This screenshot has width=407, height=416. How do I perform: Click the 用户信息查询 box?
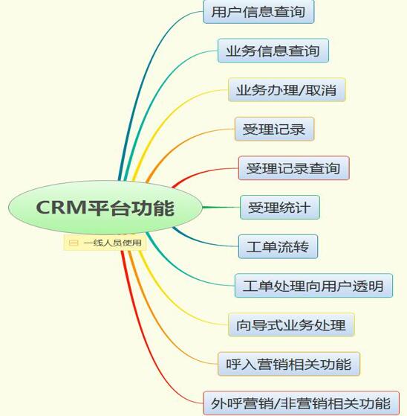tap(258, 12)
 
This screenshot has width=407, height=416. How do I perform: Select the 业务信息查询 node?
tap(273, 51)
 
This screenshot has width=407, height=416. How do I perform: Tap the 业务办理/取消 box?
tap(287, 89)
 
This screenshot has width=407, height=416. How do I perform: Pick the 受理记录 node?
tap(274, 129)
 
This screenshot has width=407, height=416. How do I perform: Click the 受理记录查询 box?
tap(294, 168)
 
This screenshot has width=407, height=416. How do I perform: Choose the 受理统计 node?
tap(280, 207)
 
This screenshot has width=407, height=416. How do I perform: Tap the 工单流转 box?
tap(278, 246)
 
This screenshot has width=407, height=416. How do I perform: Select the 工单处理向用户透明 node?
tap(313, 286)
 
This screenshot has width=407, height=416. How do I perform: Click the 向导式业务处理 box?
tap(291, 324)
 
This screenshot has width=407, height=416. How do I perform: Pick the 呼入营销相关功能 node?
tap(289, 364)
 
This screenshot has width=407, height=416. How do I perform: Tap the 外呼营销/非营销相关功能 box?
tap(301, 403)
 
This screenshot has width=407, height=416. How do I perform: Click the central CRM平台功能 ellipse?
tap(105, 208)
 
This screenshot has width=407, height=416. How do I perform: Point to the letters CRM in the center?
tap(61, 207)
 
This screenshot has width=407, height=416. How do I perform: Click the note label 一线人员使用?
tap(112, 243)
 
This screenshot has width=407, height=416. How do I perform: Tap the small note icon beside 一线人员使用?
tap(74, 243)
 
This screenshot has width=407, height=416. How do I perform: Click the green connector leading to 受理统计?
tap(221, 207)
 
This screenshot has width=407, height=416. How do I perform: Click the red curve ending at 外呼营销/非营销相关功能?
tap(149, 345)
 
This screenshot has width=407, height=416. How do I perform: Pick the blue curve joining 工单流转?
tap(201, 241)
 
